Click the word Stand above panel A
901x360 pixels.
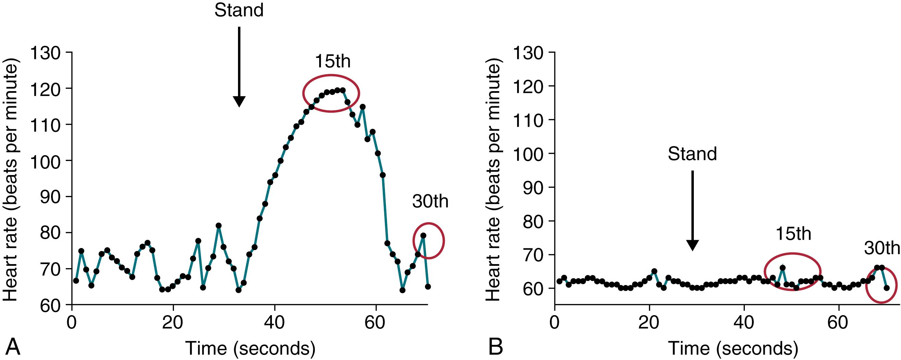[x=239, y=11]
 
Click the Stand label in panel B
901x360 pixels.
[x=692, y=154]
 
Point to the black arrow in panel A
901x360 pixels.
[x=239, y=66]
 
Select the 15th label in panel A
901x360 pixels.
[x=333, y=62]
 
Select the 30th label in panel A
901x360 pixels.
[x=430, y=202]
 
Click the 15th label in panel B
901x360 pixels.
[x=793, y=234]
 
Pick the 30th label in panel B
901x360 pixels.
[x=881, y=249]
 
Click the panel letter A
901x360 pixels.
[x=11, y=347]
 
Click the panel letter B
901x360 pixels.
[x=496, y=347]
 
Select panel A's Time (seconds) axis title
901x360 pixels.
[x=250, y=348]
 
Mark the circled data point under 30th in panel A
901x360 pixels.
[x=423, y=235]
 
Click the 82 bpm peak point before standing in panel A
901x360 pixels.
[x=218, y=226]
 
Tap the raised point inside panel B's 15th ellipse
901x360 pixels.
[x=783, y=268]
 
